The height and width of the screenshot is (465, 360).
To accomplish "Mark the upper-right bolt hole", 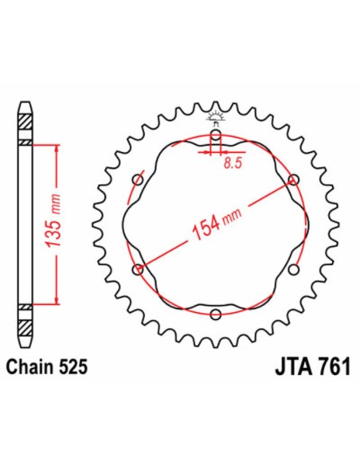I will tap(293, 179).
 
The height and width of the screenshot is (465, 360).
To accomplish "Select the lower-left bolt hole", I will tap(138, 270).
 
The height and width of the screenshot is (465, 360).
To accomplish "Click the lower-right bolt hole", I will tap(292, 270).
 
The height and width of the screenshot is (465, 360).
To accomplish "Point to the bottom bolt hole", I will tap(215, 315).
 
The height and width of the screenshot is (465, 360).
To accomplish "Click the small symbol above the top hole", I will tap(215, 120).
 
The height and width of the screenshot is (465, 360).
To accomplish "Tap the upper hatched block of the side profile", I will tap(25, 126).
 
